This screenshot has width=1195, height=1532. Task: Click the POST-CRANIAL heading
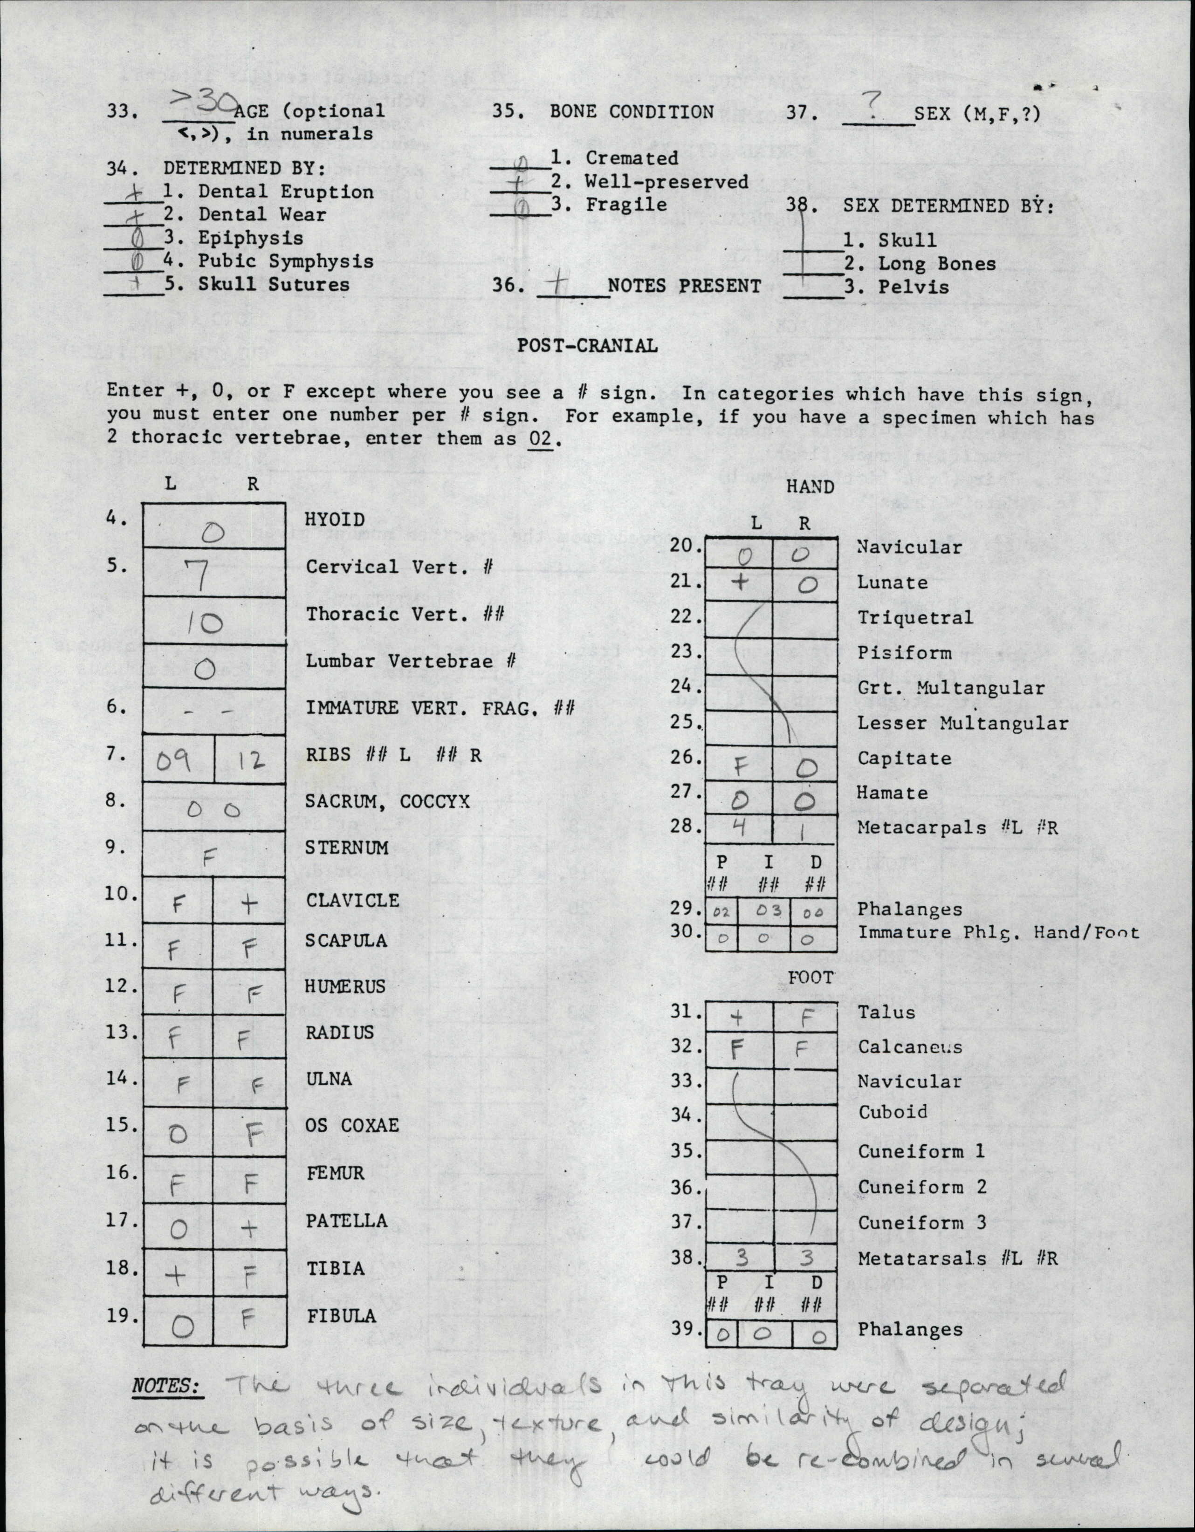point(587,345)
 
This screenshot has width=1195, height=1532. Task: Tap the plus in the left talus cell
point(737,1016)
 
